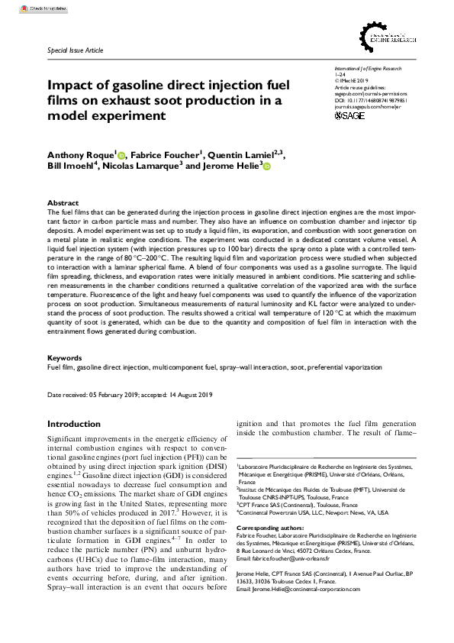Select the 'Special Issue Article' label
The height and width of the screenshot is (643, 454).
[x=74, y=48]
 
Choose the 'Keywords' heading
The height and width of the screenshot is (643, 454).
[x=65, y=357]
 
